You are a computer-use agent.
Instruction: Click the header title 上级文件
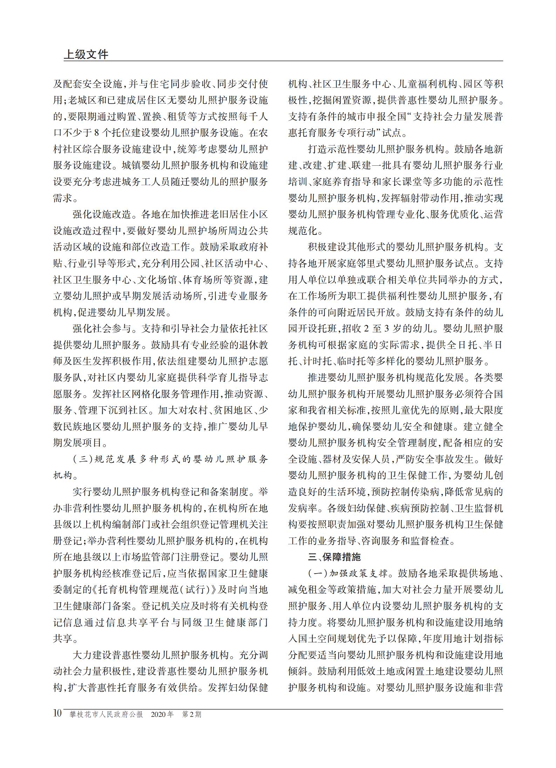[x=86, y=54]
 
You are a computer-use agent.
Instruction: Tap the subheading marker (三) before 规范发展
[x=81, y=460]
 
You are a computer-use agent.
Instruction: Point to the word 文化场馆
[x=157, y=280]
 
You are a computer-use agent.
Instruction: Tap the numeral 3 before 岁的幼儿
[x=387, y=329]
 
